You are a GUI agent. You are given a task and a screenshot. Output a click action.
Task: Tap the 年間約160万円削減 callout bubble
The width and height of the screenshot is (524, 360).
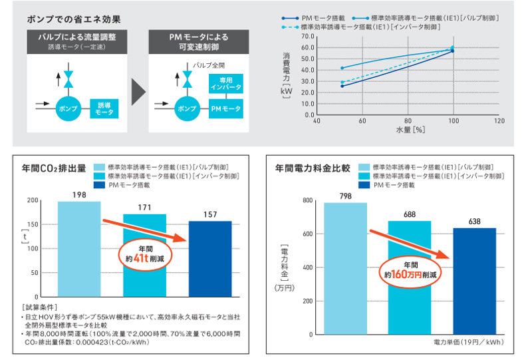coord(410,268)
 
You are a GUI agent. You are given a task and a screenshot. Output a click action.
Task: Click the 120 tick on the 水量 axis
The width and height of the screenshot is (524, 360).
coord(499,122)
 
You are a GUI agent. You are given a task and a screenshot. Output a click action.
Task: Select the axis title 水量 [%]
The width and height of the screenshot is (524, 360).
coord(410,130)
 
